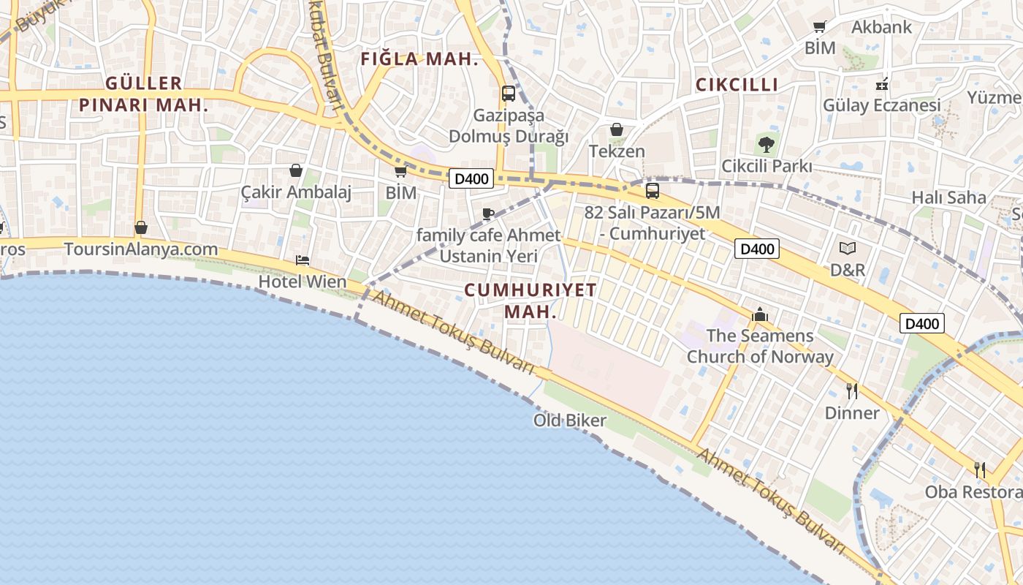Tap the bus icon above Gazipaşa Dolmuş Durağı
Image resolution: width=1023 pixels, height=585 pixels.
[x=508, y=94]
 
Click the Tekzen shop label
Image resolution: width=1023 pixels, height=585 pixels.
[x=617, y=151]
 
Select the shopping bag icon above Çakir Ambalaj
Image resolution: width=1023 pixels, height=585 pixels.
[x=296, y=170]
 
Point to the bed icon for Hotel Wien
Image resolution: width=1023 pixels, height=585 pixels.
[x=303, y=260]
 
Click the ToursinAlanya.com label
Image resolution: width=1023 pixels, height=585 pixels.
[x=141, y=249]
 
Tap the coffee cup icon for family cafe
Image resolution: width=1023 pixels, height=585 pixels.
[x=488, y=214]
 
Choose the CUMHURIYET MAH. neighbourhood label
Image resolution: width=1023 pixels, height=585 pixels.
[x=530, y=300]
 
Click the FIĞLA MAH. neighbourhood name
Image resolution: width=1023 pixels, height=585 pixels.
[x=419, y=60]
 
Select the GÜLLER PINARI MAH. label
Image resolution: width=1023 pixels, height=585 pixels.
[x=143, y=94]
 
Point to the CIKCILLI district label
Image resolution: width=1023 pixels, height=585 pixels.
[x=737, y=85]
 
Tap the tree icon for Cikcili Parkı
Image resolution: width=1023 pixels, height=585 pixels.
[x=766, y=144]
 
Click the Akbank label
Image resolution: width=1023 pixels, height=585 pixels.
[x=882, y=27]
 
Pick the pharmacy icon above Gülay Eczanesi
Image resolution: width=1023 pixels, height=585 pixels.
[x=882, y=83]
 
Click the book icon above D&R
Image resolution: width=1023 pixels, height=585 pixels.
[x=848, y=249]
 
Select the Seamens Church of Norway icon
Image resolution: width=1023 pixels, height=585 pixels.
[x=760, y=314]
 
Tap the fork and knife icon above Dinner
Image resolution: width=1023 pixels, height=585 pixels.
[x=852, y=391]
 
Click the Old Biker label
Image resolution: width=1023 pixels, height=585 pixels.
[x=570, y=420]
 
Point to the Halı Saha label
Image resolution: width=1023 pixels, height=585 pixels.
[x=948, y=197]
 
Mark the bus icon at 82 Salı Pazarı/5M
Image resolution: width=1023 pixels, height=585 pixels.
[x=652, y=191]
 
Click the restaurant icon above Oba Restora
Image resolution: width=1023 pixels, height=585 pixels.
[x=980, y=469]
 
